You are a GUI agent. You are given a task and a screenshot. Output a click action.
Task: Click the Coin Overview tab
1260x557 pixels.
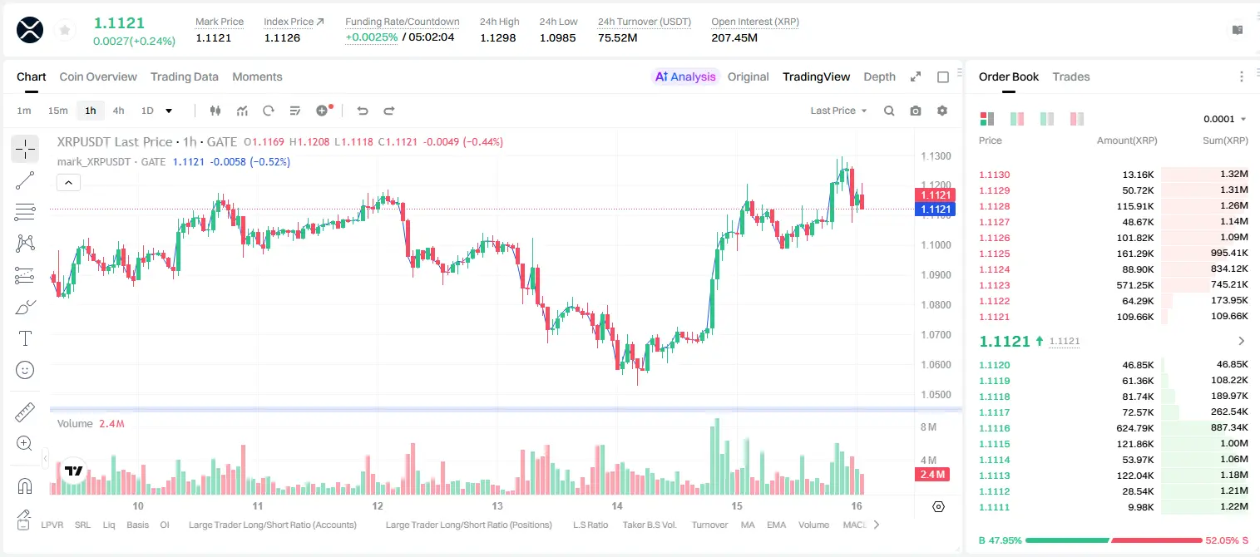point(98,76)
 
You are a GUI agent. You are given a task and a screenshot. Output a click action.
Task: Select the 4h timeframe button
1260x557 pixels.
point(118,111)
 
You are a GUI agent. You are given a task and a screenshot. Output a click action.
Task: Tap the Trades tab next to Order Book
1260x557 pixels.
point(1070,76)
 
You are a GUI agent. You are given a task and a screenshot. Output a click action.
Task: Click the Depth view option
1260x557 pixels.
point(879,76)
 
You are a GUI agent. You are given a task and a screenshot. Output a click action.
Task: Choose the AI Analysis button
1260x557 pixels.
point(685,76)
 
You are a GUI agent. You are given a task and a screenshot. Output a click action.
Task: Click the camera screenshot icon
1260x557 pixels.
point(915,111)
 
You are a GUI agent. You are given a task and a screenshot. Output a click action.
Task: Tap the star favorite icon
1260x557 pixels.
point(65,30)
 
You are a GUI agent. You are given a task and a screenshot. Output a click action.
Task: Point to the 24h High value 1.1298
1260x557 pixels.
point(498,37)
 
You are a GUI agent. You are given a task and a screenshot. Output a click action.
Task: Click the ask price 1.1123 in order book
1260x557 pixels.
point(994,285)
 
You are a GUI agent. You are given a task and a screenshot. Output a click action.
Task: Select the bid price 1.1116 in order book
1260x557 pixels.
point(994,428)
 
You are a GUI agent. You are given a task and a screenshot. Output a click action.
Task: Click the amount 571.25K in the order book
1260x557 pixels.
point(1134,285)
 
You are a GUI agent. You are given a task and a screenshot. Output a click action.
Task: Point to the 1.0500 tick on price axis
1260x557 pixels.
point(936,395)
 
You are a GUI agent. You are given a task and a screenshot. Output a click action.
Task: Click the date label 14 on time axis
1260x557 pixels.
point(617,505)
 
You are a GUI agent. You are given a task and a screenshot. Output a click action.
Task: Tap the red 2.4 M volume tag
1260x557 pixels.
point(932,475)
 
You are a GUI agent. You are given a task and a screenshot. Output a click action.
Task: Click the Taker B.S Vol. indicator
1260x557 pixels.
point(649,525)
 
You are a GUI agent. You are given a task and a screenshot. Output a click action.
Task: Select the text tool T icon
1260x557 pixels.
point(25,338)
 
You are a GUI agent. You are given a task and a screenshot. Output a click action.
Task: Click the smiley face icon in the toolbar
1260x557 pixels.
point(25,370)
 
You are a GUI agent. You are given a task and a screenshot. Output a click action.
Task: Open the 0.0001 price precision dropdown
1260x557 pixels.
point(1224,119)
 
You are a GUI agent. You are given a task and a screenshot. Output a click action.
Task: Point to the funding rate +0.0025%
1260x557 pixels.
point(371,37)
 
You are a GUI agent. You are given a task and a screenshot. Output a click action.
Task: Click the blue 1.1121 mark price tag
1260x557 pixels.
point(936,209)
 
